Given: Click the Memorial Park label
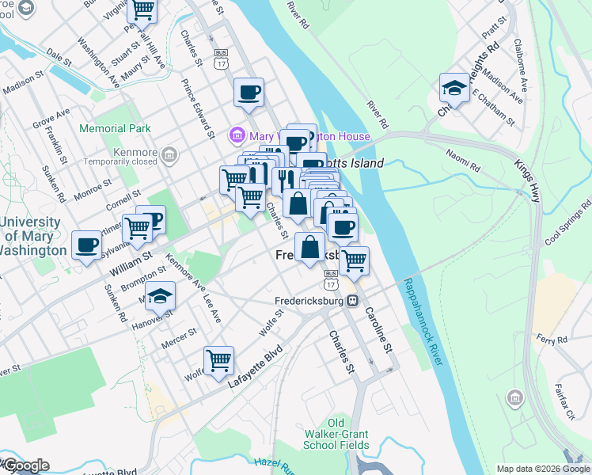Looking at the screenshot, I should [115, 128].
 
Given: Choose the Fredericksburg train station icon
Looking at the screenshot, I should [353, 301].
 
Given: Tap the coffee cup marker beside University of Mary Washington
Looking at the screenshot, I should [86, 244].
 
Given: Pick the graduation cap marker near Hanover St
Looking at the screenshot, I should [160, 296].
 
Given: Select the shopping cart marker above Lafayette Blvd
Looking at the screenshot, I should [218, 360].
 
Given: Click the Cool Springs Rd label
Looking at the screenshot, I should [563, 234].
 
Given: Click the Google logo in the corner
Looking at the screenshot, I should [25, 465].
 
